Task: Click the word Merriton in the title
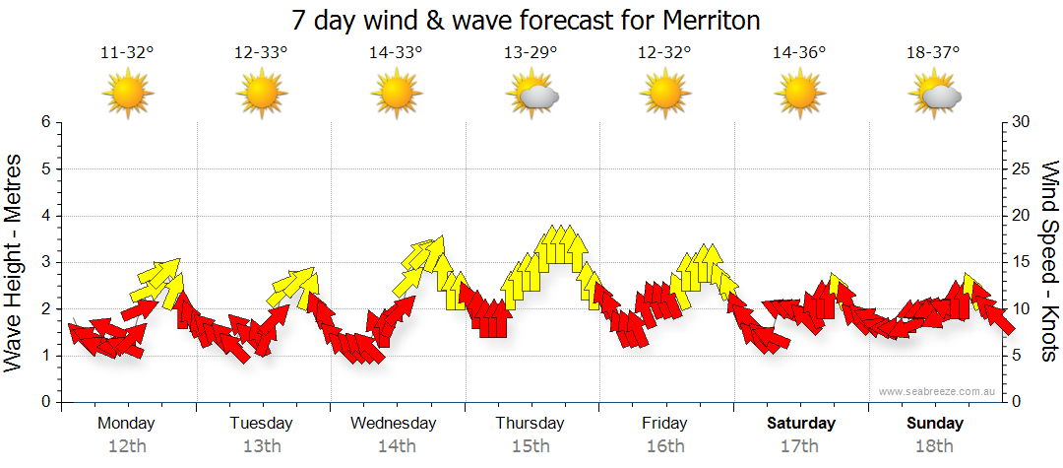pyautogui.click(x=702, y=21)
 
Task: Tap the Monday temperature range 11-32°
pyautogui.click(x=127, y=53)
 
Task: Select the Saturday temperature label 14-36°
pyautogui.click(x=799, y=53)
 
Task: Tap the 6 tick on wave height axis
pyautogui.click(x=45, y=122)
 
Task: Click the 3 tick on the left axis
pyautogui.click(x=45, y=262)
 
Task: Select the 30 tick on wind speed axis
pyautogui.click(x=1023, y=122)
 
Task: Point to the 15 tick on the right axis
pyautogui.click(x=1023, y=262)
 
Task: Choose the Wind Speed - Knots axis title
pyautogui.click(x=1049, y=262)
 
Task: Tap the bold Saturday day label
pyautogui.click(x=800, y=424)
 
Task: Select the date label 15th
pyautogui.click(x=531, y=446)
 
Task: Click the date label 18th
pyautogui.click(x=935, y=446)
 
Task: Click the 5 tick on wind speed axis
pyautogui.click(x=1019, y=356)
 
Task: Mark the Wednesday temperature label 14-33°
pyautogui.click(x=396, y=53)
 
